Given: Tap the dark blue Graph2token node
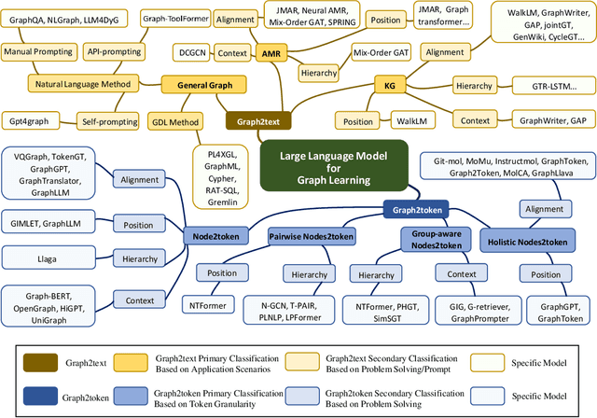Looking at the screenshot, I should (x=417, y=211).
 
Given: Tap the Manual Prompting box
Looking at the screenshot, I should (x=38, y=54).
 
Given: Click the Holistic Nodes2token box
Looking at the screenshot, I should (x=528, y=243).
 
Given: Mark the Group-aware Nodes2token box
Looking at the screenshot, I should (x=433, y=241).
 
